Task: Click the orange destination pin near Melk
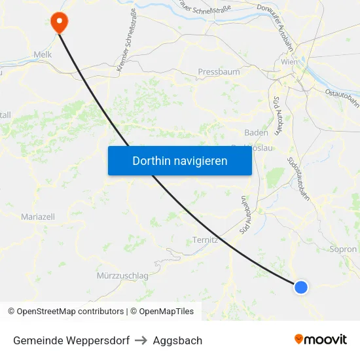pyautogui.click(x=59, y=22)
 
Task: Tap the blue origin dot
pyautogui.click(x=301, y=287)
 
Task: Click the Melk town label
pyautogui.click(x=42, y=56)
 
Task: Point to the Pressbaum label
pyautogui.click(x=220, y=72)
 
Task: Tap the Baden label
pyautogui.click(x=256, y=132)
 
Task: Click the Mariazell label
pyautogui.click(x=38, y=216)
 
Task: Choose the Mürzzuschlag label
pyautogui.click(x=122, y=276)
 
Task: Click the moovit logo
pyautogui.click(x=321, y=339)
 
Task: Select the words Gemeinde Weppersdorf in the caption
pyautogui.click(x=71, y=340)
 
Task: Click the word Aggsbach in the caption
pyautogui.click(x=177, y=340)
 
